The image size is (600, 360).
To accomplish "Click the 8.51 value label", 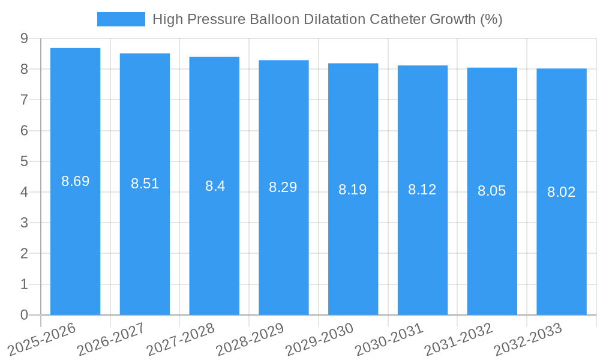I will (x=145, y=184).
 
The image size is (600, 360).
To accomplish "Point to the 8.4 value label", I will (x=215, y=186).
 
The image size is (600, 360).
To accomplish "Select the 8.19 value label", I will (x=352, y=190).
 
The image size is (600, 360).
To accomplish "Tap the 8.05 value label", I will (x=491, y=191).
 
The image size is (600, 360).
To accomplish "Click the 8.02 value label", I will (x=561, y=192).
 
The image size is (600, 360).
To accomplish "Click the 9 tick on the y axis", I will (x=24, y=38).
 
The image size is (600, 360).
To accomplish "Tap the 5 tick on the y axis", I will (x=24, y=161).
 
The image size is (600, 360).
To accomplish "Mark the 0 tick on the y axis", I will (x=24, y=315).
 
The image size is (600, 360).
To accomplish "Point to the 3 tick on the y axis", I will (x=24, y=223).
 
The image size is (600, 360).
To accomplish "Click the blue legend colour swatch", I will (x=121, y=19).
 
